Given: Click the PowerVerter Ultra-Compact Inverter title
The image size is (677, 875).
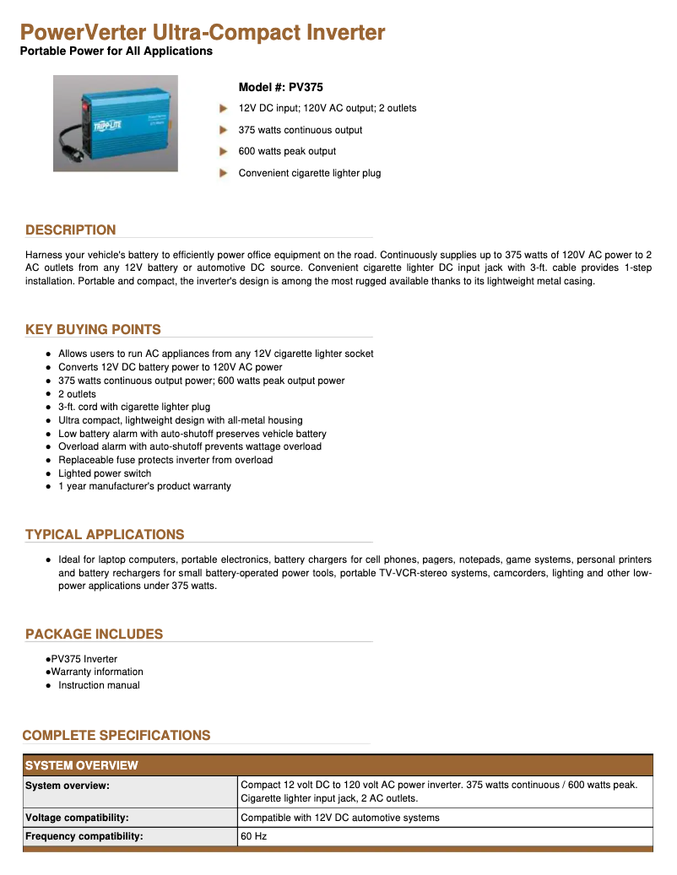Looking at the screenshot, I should pos(203,33).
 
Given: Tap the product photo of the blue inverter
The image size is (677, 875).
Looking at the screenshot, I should pos(116,123).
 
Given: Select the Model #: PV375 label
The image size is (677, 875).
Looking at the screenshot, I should pos(280,87).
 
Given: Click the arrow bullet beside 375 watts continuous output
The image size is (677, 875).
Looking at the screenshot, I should pos(224,130).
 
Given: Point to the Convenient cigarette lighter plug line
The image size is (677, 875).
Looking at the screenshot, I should pos(309,173).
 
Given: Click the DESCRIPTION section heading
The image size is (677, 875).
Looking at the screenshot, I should pos(71,230).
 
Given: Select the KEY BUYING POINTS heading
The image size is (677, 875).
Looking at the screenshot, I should pos(93,329).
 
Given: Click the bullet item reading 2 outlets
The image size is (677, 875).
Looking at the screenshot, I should pos(77,394).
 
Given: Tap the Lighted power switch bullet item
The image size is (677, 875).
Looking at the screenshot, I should pos(106,473).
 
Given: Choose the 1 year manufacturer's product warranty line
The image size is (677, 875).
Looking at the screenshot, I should pos(144,486).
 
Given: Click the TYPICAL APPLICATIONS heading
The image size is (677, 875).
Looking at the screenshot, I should pos(105,534).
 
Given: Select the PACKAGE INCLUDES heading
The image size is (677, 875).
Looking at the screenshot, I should pos(94,634).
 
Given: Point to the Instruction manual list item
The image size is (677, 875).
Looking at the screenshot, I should pos(99,685).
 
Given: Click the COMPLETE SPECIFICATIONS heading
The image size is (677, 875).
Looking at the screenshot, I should pos(116,735).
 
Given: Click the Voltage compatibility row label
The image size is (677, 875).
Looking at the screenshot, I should pos(77,818).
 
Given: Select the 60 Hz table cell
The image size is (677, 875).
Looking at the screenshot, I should pos(254,836).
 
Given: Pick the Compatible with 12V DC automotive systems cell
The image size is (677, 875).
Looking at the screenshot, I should pos(340,818).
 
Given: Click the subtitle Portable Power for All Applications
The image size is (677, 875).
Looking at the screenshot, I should pos(116,51).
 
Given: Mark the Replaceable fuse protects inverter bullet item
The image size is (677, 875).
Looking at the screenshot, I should pos(165,460).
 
